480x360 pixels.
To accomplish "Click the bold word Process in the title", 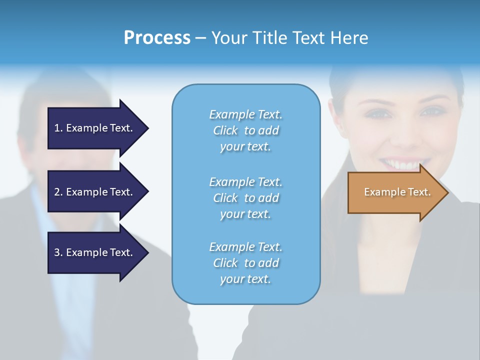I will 157,38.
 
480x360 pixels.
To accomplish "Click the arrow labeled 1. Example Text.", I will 95,128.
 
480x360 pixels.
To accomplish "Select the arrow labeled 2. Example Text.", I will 95,192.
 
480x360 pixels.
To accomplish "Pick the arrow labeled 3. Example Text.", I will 95,252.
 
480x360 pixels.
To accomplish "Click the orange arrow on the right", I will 395,192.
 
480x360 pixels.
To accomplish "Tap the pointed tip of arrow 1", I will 147,128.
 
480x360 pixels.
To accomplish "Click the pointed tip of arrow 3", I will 147,252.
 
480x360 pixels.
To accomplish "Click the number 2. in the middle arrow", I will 58,192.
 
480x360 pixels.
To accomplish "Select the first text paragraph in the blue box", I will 245,130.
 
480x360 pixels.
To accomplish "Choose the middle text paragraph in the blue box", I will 245,198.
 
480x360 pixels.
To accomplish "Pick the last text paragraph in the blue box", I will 245,263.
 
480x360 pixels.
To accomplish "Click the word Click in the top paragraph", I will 225,130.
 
